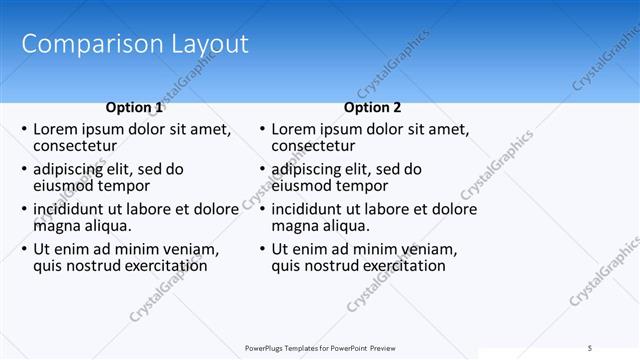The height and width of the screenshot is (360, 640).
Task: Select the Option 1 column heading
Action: click(134, 107)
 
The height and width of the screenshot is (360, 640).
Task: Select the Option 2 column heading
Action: click(372, 107)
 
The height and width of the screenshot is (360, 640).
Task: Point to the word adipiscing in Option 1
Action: click(73, 169)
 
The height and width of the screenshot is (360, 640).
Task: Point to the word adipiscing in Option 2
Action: click(311, 169)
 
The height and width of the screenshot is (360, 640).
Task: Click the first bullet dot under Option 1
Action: click(24, 130)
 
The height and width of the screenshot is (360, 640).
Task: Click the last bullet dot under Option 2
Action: click(262, 249)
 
